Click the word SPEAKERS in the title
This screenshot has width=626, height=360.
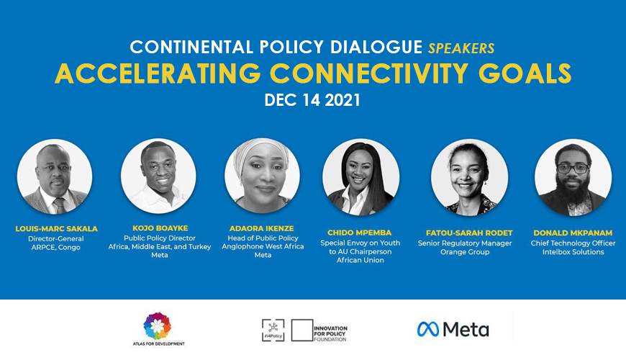(x=461, y=48)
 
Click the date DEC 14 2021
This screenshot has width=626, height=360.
(x=312, y=100)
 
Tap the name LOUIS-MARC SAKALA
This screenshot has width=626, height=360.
(x=56, y=229)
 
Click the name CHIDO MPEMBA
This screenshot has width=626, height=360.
(x=359, y=233)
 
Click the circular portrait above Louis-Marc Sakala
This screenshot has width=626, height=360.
(x=55, y=177)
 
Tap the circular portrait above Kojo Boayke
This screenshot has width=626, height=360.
(x=159, y=176)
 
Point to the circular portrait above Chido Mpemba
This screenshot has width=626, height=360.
(x=360, y=177)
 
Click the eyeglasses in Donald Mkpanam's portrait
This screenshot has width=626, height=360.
(x=573, y=168)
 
